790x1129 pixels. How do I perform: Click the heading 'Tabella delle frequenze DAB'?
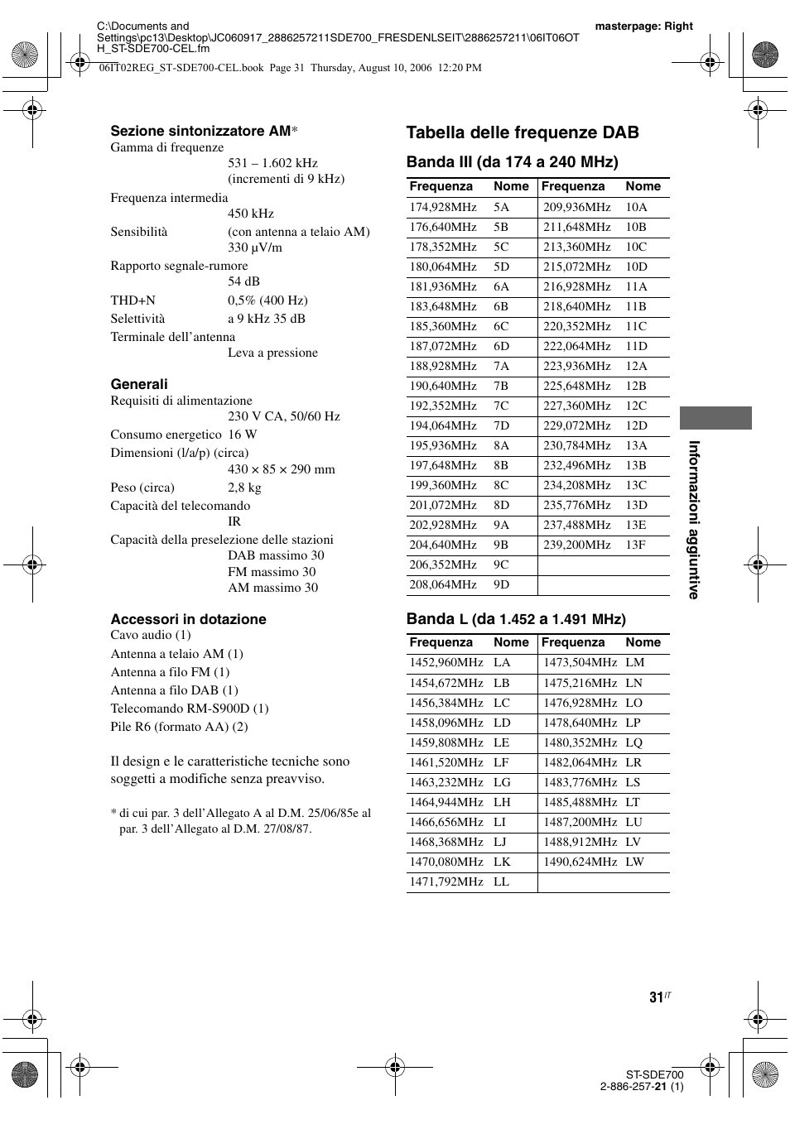pos(523,132)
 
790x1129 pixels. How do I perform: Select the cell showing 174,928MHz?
pos(442,207)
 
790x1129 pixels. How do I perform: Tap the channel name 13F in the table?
pos(636,545)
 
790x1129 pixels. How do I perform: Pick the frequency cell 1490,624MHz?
pos(580,862)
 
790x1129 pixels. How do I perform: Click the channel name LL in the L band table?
pos(501,882)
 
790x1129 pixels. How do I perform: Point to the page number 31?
pos(656,997)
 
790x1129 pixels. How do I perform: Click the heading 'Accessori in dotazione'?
pos(189,619)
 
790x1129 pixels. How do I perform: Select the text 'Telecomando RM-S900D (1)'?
pos(190,709)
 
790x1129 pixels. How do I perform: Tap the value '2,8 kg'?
pos(244,488)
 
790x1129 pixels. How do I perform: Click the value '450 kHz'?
pos(251,214)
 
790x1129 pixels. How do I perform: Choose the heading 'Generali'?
pos(139,384)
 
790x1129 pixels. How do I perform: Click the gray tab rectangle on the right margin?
pos(715,418)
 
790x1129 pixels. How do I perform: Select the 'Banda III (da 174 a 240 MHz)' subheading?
pos(512,161)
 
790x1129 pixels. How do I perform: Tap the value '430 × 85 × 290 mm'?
pos(282,469)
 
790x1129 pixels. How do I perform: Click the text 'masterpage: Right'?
pos(643,26)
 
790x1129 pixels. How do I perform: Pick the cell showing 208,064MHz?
pos(442,584)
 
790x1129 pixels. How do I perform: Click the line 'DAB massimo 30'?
pos(276,555)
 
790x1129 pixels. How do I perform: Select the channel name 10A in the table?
pos(636,207)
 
